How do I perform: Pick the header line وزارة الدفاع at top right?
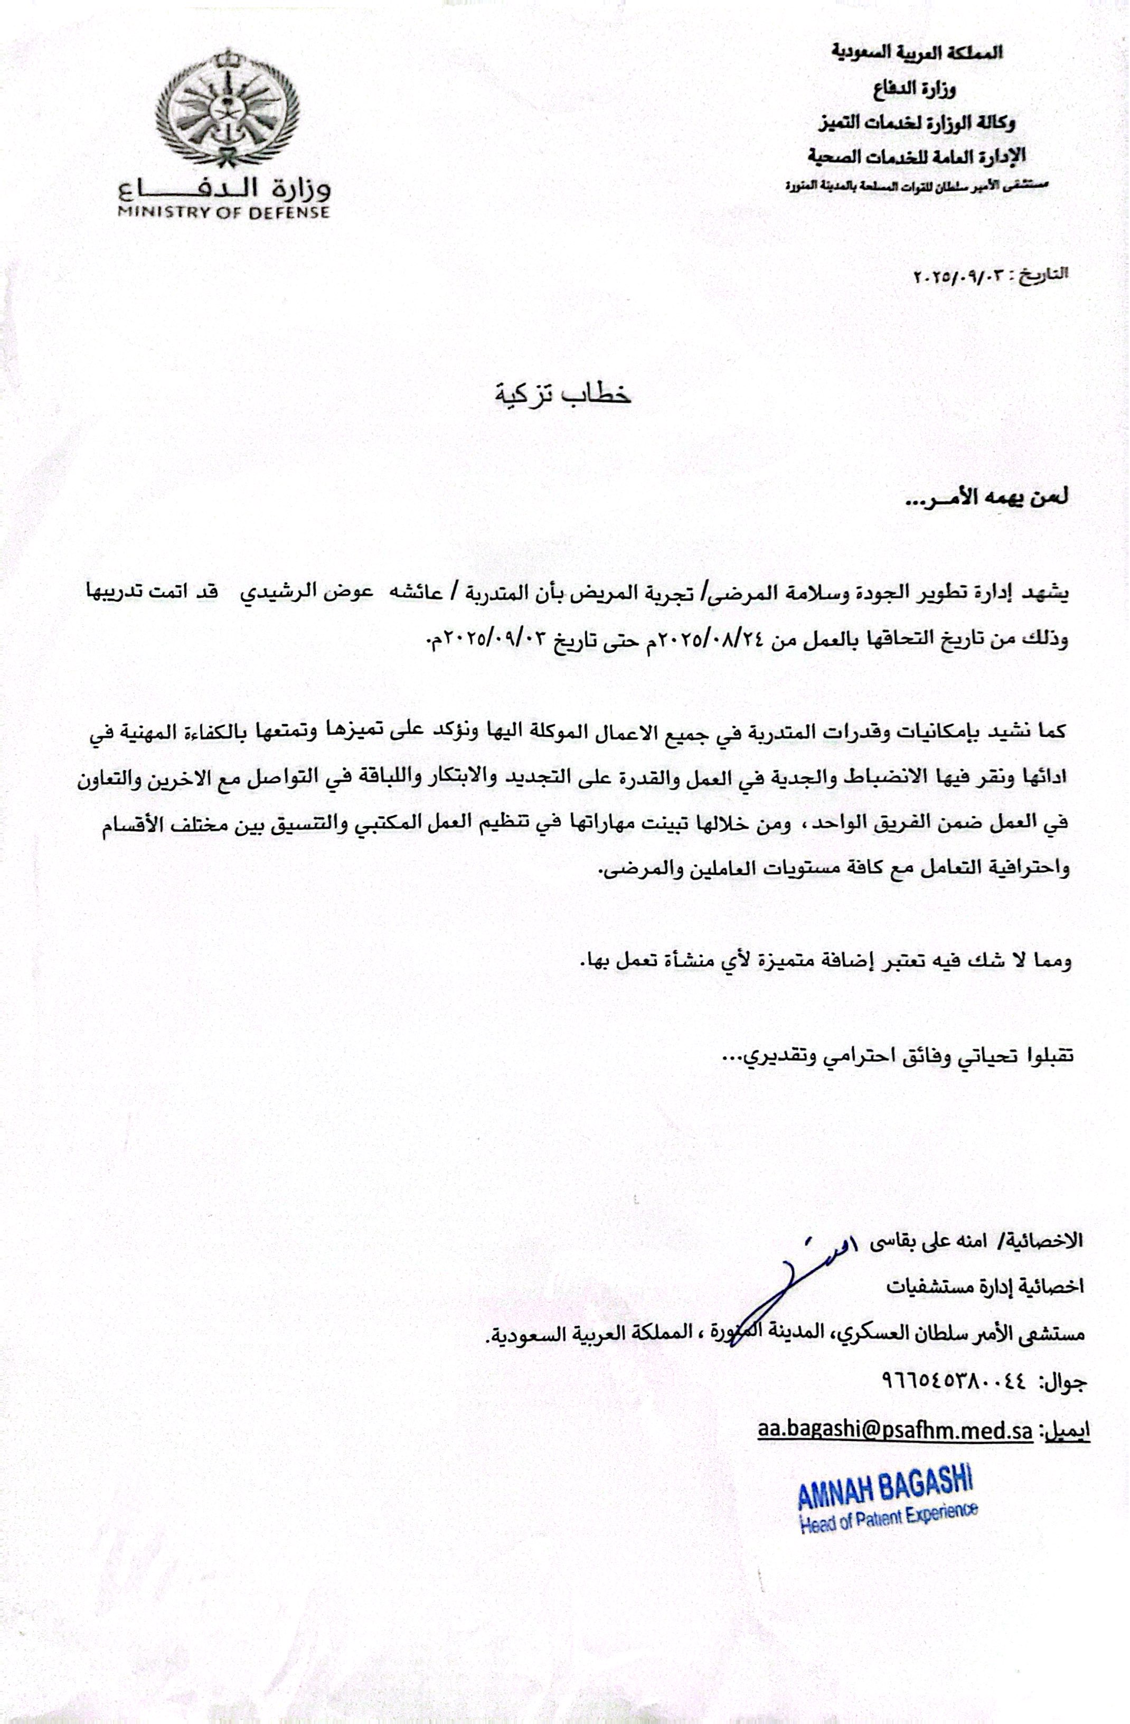tap(921, 90)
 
